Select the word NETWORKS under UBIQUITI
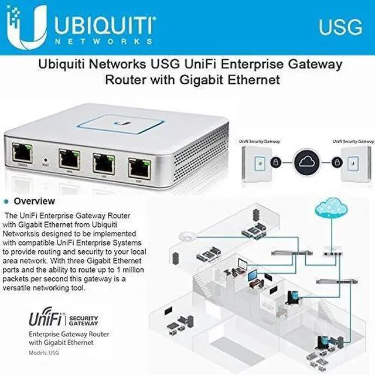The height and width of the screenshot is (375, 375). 103,43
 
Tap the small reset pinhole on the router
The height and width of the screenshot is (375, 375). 46,159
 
